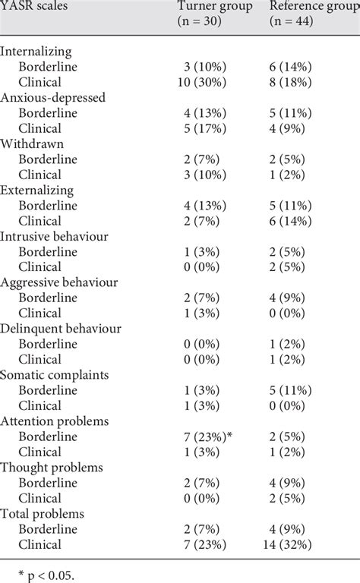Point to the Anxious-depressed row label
click(53, 98)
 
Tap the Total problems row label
click(43, 514)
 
